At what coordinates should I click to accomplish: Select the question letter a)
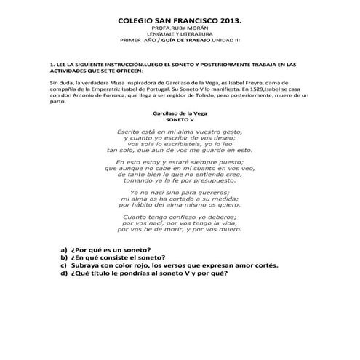64,249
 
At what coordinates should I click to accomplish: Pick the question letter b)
64,257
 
